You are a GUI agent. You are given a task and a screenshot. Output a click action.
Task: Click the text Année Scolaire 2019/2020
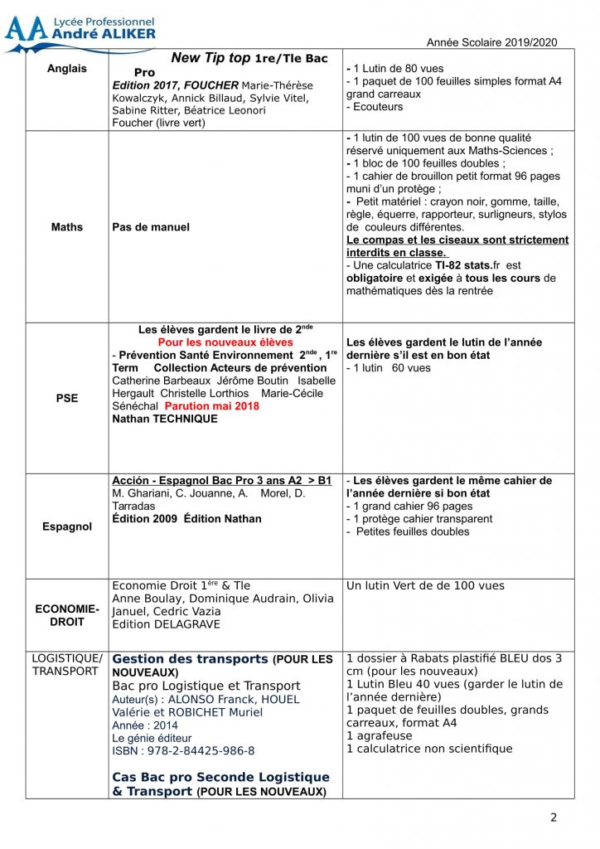pos(491,42)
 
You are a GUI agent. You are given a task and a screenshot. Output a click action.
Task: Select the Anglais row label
pos(67,69)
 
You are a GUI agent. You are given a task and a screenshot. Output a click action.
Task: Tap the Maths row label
pos(67,227)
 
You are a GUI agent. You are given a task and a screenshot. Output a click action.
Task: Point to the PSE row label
pos(67,398)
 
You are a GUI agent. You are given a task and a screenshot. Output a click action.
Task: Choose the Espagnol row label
pos(67,526)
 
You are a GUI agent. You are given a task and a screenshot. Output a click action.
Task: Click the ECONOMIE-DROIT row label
pos(67,615)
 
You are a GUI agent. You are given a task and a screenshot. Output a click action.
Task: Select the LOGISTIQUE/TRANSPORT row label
pos(67,665)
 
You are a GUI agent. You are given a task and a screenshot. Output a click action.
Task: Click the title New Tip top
pos(210,58)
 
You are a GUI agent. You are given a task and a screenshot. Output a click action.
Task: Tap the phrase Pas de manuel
pos(151,227)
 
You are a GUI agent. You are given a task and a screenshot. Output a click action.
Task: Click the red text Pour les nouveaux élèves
pos(225,342)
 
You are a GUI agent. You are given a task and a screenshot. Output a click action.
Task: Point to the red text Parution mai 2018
pos(212,406)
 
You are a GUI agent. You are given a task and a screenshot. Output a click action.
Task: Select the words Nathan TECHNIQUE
pos(165,419)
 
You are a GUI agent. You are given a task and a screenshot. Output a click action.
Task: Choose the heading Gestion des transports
pos(191,659)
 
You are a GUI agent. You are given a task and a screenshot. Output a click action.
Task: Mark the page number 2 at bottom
pos(554,817)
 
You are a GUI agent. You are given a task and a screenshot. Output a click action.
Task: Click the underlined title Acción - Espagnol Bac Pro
pos(221,481)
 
